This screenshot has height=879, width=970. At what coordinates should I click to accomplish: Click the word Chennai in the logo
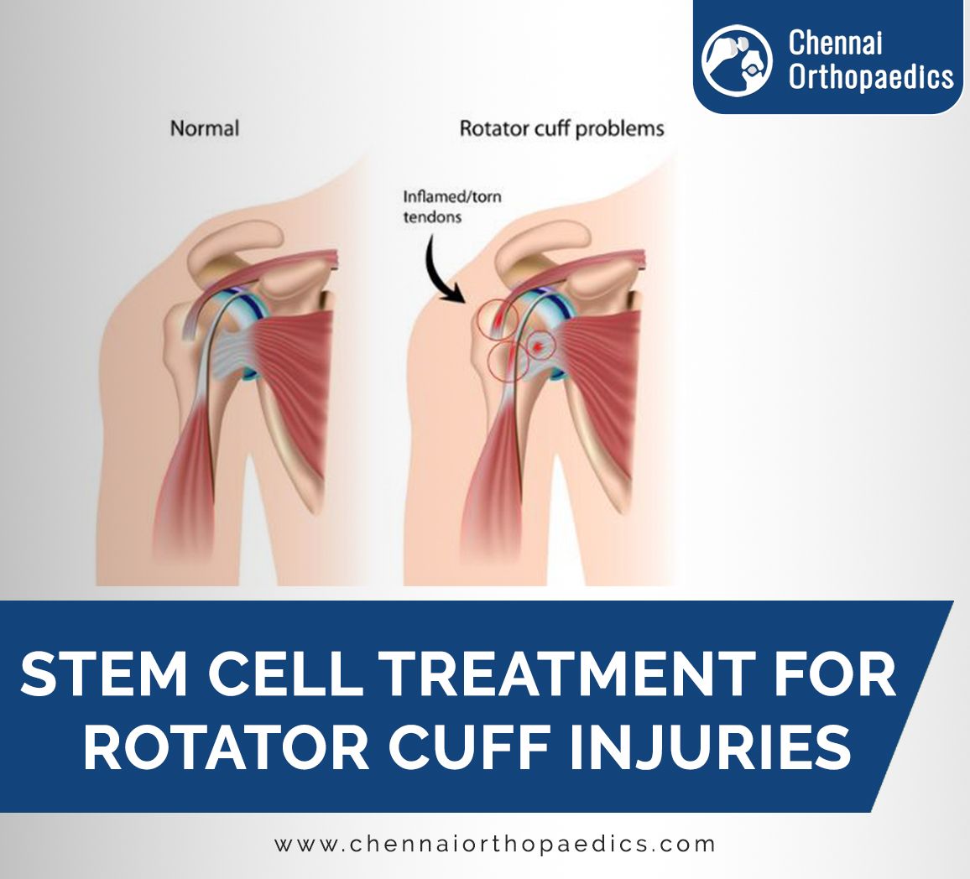[835, 44]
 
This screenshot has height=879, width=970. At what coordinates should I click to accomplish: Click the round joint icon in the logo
[737, 60]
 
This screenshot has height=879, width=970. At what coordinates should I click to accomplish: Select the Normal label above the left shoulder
[204, 128]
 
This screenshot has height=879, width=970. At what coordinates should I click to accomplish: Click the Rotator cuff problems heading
[561, 129]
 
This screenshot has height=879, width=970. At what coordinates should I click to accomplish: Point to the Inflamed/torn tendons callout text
[452, 206]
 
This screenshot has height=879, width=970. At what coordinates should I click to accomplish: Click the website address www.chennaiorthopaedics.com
[495, 845]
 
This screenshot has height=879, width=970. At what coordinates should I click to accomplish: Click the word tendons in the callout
[432, 217]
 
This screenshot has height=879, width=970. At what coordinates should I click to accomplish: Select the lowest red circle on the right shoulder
[509, 361]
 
